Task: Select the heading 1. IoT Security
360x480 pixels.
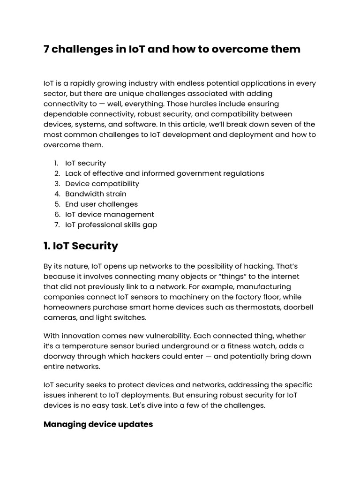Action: [x=81, y=246]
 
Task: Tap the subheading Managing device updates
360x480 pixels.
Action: [x=98, y=424]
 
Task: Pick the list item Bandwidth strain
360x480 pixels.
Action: [x=96, y=194]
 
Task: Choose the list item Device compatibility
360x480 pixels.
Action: [x=102, y=183]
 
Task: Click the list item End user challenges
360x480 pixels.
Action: [x=101, y=204]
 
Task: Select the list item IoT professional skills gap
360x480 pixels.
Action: [x=111, y=225]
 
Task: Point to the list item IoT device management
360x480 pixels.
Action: [x=109, y=214]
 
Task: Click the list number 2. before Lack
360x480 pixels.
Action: [x=57, y=173]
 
